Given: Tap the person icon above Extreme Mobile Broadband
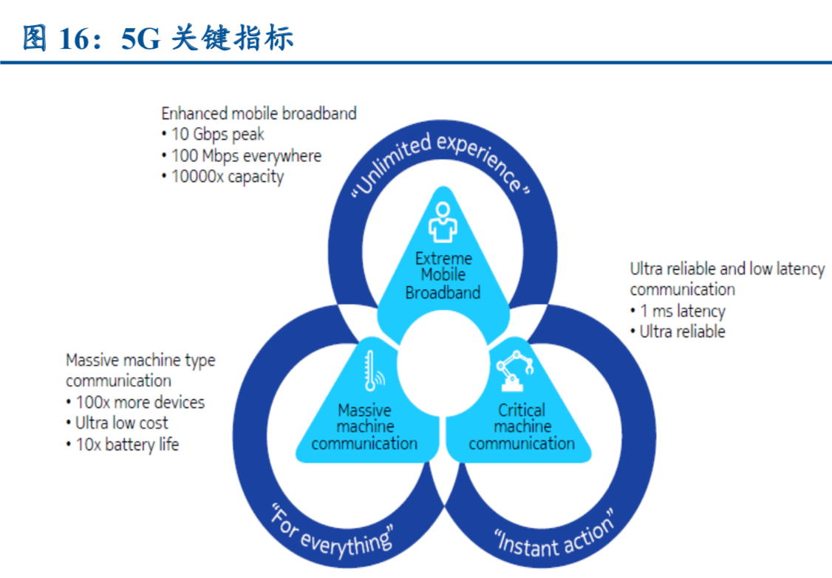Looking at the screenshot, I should pos(443,222).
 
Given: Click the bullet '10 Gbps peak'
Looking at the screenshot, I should pos(212,135).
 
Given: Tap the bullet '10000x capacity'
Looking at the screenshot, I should pos(222,177).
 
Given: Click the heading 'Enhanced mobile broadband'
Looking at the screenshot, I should pos(259,114).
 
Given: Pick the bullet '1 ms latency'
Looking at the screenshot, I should pos(678,311).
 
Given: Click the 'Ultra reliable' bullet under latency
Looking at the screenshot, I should pos(678,331).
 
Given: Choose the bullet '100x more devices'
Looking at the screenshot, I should pos(135,403).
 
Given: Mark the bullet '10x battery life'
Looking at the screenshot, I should pos(122,444).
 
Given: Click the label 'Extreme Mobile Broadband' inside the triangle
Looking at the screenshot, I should pos(443,276).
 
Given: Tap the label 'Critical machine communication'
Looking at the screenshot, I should pos(521,426).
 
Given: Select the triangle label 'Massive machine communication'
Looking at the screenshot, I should pos(364,426).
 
